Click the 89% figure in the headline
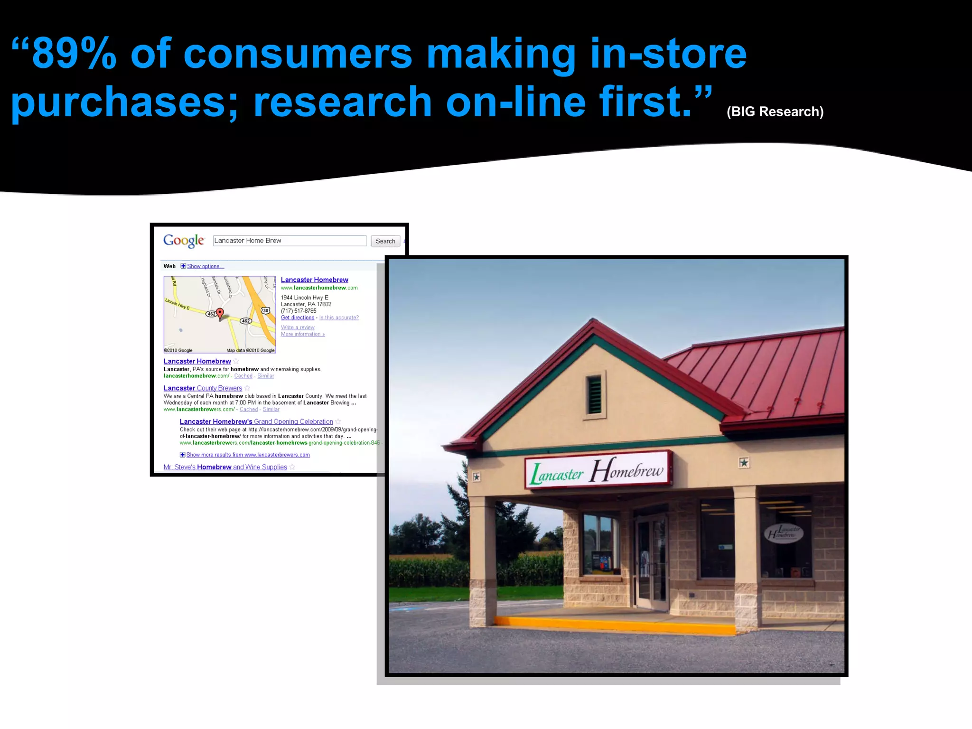coord(74,54)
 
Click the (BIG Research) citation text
coord(775,112)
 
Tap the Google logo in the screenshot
coord(184,241)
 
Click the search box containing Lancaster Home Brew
coord(290,241)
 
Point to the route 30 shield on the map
coord(266,310)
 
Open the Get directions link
coord(297,318)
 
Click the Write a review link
coord(297,327)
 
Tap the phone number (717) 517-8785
coord(298,311)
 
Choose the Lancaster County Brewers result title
coord(203,388)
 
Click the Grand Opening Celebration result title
coord(256,421)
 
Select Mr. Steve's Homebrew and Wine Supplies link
coord(225,467)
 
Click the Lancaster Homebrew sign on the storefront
coord(598,470)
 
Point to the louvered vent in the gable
coord(594,394)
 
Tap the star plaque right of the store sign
coord(744,462)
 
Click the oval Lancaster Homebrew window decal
coord(783,533)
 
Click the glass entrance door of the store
coord(651,562)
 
